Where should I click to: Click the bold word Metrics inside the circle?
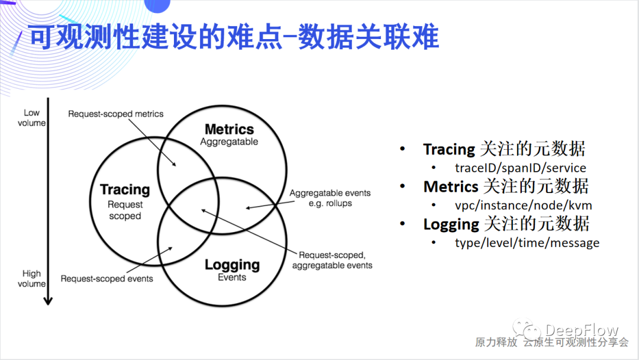pyautogui.click(x=229, y=129)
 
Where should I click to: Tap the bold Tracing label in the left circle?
pyautogui.click(x=125, y=189)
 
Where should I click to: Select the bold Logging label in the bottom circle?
pyautogui.click(x=232, y=265)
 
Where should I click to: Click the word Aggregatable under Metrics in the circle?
pyautogui.click(x=229, y=142)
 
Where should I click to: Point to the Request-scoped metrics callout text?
pyautogui.click(x=115, y=114)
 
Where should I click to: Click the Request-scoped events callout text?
pyautogui.click(x=106, y=278)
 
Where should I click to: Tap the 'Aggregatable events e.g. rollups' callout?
pyautogui.click(x=330, y=198)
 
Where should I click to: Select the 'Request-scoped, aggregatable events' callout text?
pyautogui.click(x=332, y=260)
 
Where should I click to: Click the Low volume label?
pyautogui.click(x=31, y=117)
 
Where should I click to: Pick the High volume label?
pyautogui.click(x=31, y=278)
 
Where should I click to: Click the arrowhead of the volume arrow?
pyautogui.click(x=48, y=301)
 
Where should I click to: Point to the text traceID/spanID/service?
pyautogui.click(x=520, y=168)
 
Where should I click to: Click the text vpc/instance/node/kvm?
pyautogui.click(x=523, y=205)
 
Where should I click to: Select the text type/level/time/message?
pyautogui.click(x=527, y=243)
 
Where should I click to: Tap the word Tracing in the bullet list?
pyautogui.click(x=449, y=150)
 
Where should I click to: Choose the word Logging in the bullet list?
pyautogui.click(x=451, y=224)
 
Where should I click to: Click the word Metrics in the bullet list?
pyautogui.click(x=450, y=187)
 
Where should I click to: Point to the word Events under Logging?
pyautogui.click(x=232, y=277)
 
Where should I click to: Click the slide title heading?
pyautogui.click(x=234, y=37)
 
